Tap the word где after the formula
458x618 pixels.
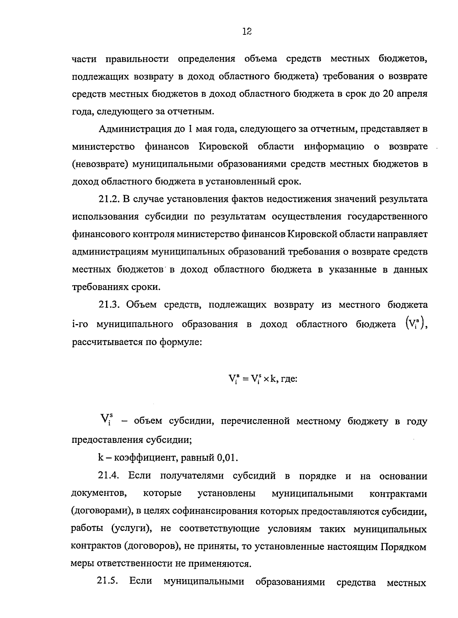click(x=289, y=379)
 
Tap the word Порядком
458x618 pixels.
click(x=403, y=547)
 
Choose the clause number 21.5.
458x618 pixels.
click(x=107, y=582)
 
